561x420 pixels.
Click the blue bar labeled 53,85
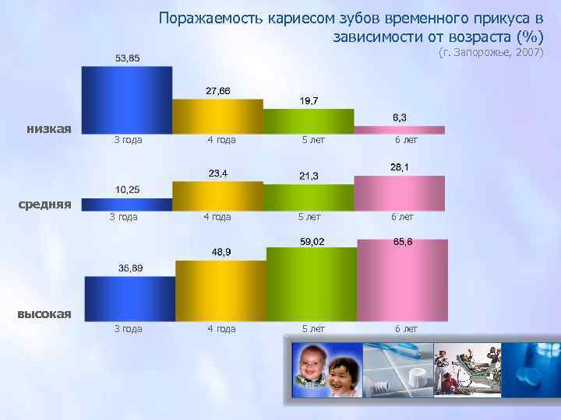[x=127, y=100]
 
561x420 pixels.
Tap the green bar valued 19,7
[x=309, y=121]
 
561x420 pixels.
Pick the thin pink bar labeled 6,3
[x=400, y=130]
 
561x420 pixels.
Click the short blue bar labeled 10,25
[x=127, y=205]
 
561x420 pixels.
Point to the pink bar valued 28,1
[x=400, y=193]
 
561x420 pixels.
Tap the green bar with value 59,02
[x=311, y=284]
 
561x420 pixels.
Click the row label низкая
[x=49, y=128]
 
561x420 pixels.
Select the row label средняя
[x=45, y=204]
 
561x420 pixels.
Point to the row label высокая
[x=44, y=313]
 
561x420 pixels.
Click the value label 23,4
[x=217, y=173]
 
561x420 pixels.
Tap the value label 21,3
[x=309, y=176]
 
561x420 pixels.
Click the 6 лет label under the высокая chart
[x=406, y=329]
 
